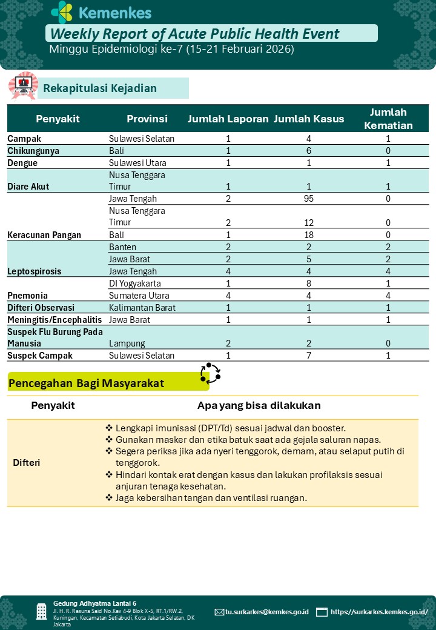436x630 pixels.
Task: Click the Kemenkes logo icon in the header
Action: [62, 12]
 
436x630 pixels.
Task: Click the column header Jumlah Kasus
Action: [309, 119]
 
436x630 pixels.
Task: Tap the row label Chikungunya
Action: [33, 151]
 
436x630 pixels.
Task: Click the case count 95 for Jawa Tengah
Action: [309, 199]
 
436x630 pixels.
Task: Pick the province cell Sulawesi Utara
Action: [137, 163]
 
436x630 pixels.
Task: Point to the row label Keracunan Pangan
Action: [44, 235]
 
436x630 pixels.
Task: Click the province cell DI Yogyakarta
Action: [137, 283]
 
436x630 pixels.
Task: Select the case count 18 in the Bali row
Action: [309, 235]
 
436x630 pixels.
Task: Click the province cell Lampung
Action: [126, 343]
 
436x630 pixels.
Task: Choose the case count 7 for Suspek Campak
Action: [309, 356]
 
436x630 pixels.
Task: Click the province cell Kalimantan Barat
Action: [143, 308]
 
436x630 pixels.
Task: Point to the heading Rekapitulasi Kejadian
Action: [100, 88]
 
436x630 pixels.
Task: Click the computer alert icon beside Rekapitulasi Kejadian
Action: [23, 86]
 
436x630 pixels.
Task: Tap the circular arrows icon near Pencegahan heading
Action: [210, 373]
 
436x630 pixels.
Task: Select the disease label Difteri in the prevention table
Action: [27, 463]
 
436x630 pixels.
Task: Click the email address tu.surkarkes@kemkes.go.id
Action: [267, 612]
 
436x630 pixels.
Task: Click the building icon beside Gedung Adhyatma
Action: [41, 611]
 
